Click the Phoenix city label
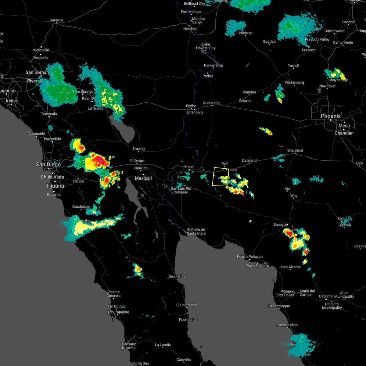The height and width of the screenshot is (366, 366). pos(331,116)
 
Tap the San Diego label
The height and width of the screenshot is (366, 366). pos(48,164)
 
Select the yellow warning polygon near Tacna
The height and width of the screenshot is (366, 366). pos(221,176)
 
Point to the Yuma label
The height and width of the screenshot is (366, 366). pos(189,167)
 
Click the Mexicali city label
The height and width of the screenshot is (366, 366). pos(143,178)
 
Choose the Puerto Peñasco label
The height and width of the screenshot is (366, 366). pos(249,257)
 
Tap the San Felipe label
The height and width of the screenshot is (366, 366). pos(177,277)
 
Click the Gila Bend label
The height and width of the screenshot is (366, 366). pos(295,150)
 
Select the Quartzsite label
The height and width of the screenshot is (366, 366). pos(211,103)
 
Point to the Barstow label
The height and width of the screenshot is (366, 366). pos(56,20)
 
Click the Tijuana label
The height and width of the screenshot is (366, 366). pos(55,186)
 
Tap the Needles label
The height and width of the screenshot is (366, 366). pos(190,29)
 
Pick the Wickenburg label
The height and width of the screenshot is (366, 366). pos(294,82)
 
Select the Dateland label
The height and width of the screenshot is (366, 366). pos(249,160)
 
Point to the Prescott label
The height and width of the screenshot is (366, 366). pos(309,50)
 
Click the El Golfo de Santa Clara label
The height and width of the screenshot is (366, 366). pos(196,231)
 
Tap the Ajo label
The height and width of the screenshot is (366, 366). pos(287,189)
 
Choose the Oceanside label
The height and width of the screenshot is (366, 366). pos(36,134)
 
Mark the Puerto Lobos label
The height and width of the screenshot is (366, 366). pos(287,325)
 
